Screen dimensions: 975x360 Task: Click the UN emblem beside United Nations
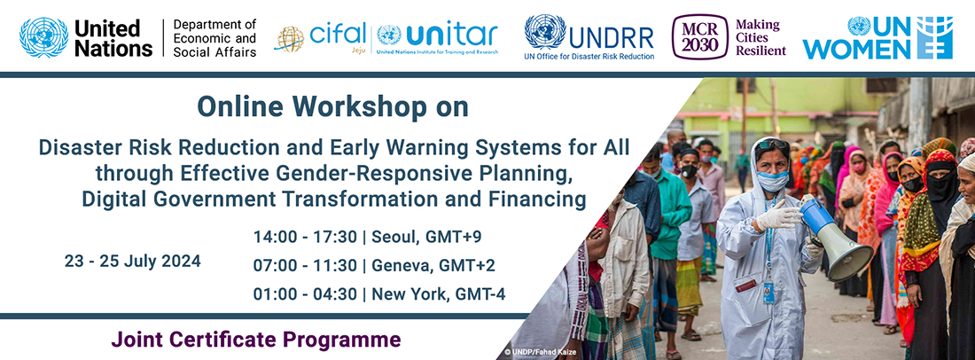44,37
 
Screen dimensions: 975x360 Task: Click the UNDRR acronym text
612,38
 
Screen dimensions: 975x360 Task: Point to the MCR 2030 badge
699,37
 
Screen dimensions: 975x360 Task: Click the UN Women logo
877,38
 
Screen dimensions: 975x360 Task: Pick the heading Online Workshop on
332,107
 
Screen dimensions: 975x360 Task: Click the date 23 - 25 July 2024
132,262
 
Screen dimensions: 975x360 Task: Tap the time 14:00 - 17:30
305,238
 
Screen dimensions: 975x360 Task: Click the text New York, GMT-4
439,294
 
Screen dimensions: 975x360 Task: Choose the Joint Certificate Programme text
256,340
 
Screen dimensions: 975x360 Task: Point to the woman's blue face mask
772,181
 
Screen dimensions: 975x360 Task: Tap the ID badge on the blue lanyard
768,292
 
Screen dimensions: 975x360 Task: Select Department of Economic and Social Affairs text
214,38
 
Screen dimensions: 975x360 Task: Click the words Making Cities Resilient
760,37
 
